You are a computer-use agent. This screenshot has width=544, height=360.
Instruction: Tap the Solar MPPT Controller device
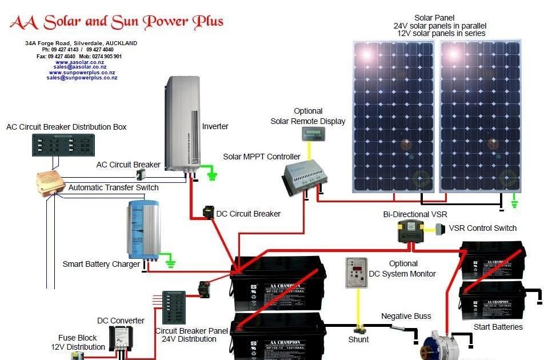click(x=304, y=177)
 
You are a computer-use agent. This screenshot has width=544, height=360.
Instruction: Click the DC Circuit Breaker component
click(x=209, y=212)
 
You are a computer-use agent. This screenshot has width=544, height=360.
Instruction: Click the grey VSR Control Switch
click(x=439, y=229)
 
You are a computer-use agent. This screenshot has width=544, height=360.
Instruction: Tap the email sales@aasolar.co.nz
click(x=80, y=67)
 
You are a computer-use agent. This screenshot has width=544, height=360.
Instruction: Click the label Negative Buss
click(x=406, y=316)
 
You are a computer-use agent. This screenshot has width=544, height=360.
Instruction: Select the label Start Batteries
click(x=498, y=327)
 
